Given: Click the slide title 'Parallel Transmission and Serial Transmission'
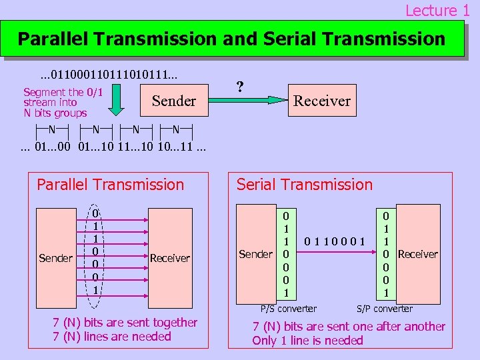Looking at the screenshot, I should (231, 39).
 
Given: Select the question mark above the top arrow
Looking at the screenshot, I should (240, 87).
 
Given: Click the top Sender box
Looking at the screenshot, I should (174, 101).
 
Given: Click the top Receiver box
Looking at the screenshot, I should (321, 101).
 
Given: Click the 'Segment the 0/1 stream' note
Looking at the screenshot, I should (63, 103).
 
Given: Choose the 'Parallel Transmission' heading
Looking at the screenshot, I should (110, 185).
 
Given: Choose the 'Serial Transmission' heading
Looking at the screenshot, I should (305, 185).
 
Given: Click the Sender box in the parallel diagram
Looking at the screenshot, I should (57, 257).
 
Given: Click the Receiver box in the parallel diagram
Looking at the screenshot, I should (169, 257).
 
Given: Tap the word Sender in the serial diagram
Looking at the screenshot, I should (256, 254).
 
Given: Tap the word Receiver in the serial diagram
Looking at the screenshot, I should (417, 254).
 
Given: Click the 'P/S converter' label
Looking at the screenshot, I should (288, 309).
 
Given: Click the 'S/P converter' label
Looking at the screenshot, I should (385, 309).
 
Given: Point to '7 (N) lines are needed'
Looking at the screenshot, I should (112, 337).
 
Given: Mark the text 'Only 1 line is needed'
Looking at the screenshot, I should (307, 341).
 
